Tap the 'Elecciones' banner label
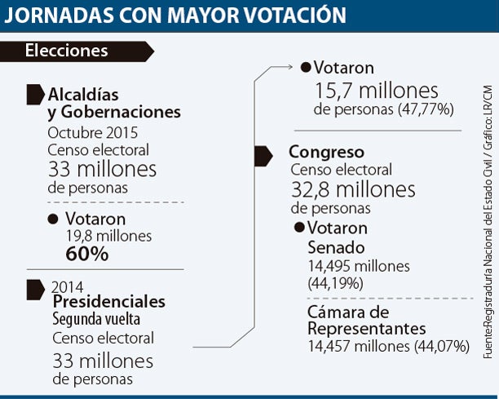click(x=67, y=51)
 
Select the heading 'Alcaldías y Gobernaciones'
click(x=114, y=103)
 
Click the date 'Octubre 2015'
click(x=92, y=132)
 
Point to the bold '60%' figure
click(x=87, y=254)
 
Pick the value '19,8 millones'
click(x=109, y=236)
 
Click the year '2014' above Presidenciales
click(x=67, y=286)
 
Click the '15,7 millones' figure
click(x=377, y=91)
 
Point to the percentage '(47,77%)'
click(x=425, y=109)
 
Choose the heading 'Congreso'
click(x=326, y=152)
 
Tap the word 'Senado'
click(x=335, y=246)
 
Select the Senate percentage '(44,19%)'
click(x=336, y=283)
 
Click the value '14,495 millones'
click(x=359, y=266)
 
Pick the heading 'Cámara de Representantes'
click(x=367, y=320)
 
